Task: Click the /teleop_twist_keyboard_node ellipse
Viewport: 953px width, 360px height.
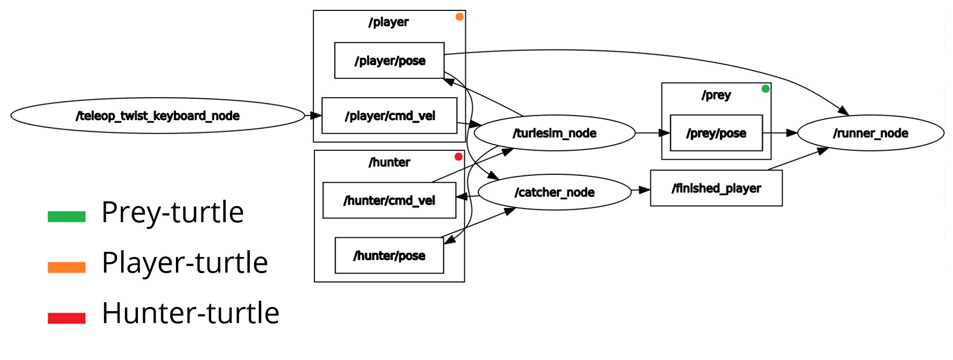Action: (x=157, y=115)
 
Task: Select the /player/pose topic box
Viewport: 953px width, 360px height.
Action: (x=389, y=60)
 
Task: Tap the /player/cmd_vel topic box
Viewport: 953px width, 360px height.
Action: (x=389, y=115)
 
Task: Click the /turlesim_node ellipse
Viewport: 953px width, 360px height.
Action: (x=554, y=133)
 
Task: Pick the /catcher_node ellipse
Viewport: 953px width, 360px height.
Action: (x=554, y=192)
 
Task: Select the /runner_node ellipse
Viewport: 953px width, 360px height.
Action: (x=870, y=133)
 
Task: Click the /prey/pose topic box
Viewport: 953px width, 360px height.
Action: (x=716, y=133)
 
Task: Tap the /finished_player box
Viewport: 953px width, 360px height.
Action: (x=716, y=188)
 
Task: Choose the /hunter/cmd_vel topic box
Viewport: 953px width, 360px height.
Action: (x=389, y=200)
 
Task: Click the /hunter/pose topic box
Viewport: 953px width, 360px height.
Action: (x=389, y=255)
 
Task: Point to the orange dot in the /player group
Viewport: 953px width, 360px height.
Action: (x=460, y=17)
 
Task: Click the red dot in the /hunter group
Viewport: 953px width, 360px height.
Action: (x=459, y=157)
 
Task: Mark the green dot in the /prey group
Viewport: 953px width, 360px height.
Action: (x=765, y=89)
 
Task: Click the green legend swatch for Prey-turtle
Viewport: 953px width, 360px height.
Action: (x=67, y=216)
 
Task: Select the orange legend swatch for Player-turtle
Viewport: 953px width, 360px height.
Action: (x=67, y=267)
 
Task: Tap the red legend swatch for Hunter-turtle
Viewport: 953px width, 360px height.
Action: (x=67, y=318)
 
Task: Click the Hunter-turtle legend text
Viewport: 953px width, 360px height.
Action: (x=190, y=313)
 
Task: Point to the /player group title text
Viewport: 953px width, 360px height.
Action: (x=388, y=22)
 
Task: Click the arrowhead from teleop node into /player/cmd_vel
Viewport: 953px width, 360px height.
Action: (x=316, y=115)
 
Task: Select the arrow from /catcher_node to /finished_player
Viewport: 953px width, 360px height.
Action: (x=641, y=190)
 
